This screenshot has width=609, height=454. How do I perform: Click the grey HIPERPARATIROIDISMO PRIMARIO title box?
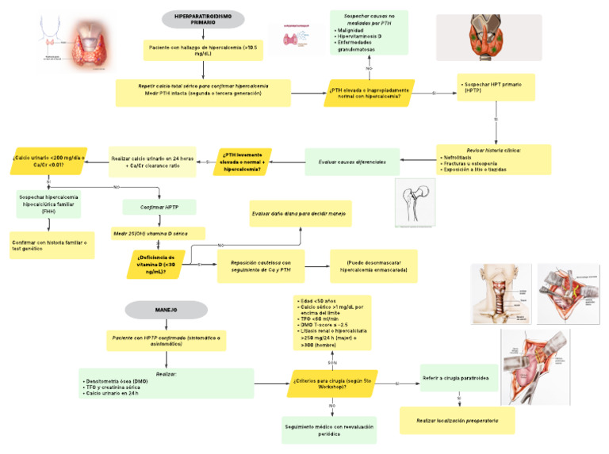coord(203,20)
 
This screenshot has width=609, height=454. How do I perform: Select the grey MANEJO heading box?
coord(166,309)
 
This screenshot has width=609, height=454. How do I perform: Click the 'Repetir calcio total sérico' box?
coord(203,93)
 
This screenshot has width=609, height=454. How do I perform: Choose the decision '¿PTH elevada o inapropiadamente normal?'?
coord(369,93)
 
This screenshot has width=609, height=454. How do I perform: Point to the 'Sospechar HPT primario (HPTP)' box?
coord(496,87)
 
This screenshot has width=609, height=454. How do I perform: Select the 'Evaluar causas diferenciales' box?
coord(352,162)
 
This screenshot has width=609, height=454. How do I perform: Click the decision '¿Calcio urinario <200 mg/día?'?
coord(49,161)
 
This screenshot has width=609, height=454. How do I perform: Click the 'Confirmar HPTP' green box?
coord(159,207)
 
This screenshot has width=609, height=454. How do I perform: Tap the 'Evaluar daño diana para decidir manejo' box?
coord(301,214)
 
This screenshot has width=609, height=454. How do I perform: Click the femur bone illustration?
coord(416,203)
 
